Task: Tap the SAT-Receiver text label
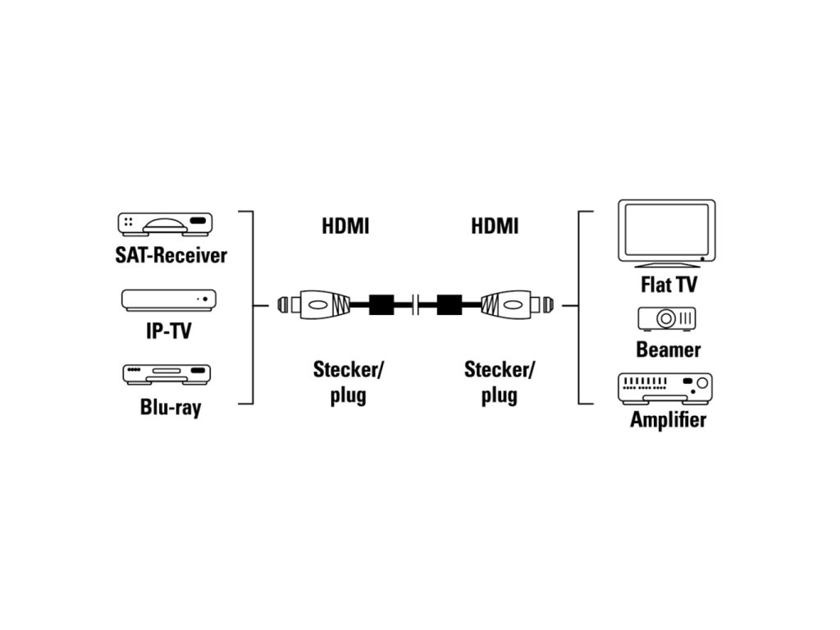(171, 255)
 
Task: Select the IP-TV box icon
(169, 299)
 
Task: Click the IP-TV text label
(169, 331)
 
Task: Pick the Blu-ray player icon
(167, 375)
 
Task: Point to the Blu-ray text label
(170, 407)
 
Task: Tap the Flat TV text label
(669, 285)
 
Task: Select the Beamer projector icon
(667, 318)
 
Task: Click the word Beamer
(669, 350)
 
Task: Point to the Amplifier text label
(668, 421)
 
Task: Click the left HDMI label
(345, 226)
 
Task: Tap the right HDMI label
(495, 226)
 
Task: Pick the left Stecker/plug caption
(348, 382)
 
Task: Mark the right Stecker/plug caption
(499, 382)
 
